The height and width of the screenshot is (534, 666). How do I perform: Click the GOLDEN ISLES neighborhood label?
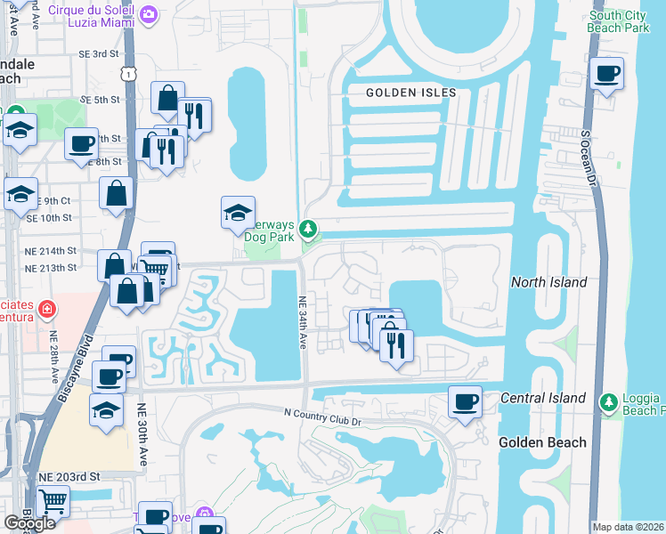[411, 93]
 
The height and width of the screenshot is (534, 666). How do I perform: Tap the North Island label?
[549, 282]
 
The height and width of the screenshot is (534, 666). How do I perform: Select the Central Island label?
[543, 398]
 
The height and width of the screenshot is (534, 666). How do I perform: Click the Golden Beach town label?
[542, 442]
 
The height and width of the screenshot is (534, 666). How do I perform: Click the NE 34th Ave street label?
[303, 322]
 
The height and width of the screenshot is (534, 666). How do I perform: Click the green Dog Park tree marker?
[308, 231]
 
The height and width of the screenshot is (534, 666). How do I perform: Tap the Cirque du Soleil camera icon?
[149, 14]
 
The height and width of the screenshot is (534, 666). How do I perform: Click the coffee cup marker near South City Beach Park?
[608, 74]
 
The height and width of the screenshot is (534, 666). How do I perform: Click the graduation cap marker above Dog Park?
[238, 213]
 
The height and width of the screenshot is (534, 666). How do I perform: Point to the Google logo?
[30, 522]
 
